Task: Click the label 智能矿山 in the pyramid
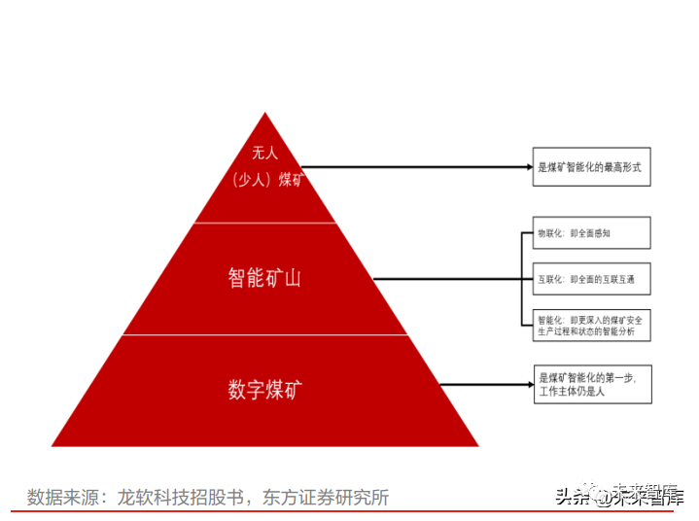(x=264, y=278)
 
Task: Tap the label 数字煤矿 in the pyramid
(x=264, y=390)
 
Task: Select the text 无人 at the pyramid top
(x=264, y=154)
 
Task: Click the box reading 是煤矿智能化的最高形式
(x=591, y=166)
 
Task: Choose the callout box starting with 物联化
(x=591, y=233)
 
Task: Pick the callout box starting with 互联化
(x=591, y=279)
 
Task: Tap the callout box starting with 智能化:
(x=591, y=325)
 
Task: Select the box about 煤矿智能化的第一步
(x=592, y=384)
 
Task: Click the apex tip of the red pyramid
(x=264, y=113)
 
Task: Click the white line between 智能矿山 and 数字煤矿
(x=264, y=335)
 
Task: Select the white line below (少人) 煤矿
(x=264, y=223)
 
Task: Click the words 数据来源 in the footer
(x=58, y=498)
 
